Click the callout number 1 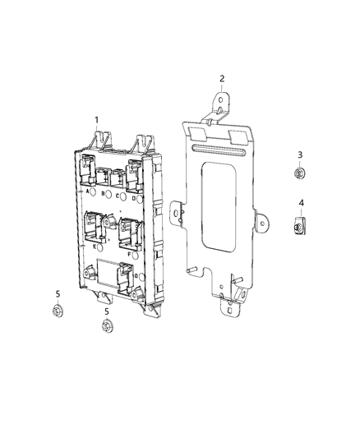pos(96,120)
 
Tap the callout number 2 pos(222,79)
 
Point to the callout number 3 pos(300,155)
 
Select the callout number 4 pos(301,202)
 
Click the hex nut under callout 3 pos(300,173)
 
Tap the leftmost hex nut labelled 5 pos(58,311)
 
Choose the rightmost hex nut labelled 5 pos(106,328)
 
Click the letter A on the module pos(87,191)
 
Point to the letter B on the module pos(104,195)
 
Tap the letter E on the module pos(96,246)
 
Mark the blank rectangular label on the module pos(108,270)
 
